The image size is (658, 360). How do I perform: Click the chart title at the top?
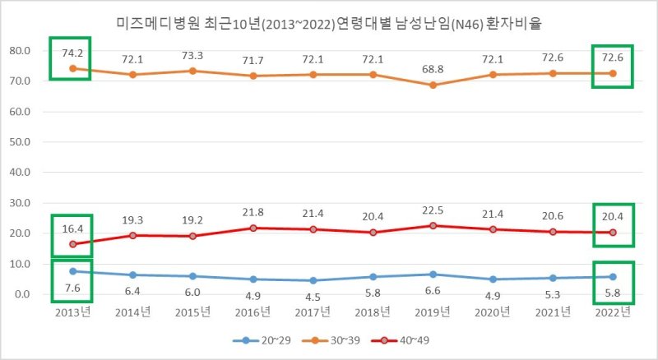coord(329,23)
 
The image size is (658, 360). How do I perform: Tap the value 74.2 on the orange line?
coord(72,53)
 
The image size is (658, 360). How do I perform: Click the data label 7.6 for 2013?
coord(72,288)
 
